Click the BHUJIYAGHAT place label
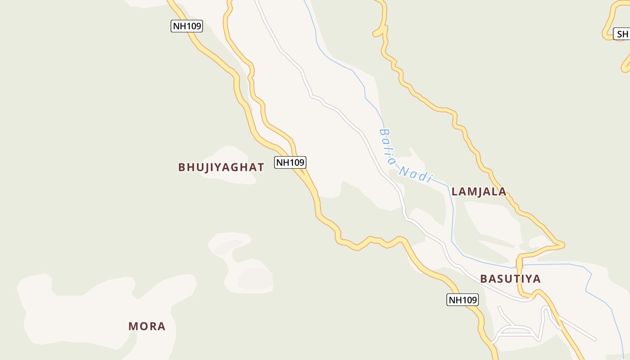(x=221, y=167)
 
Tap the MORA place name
(x=147, y=326)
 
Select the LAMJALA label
(x=479, y=192)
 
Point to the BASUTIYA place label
(x=510, y=279)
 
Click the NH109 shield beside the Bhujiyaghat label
(x=290, y=162)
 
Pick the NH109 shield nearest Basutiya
(x=462, y=300)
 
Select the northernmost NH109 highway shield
(x=187, y=26)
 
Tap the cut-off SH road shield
(x=622, y=34)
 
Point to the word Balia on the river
(x=387, y=146)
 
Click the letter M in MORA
(x=133, y=326)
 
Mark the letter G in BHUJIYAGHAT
(x=231, y=167)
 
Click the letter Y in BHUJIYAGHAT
(x=214, y=167)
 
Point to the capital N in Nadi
(x=404, y=171)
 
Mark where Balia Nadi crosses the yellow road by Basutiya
(x=519, y=266)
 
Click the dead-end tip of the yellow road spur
(x=374, y=34)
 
